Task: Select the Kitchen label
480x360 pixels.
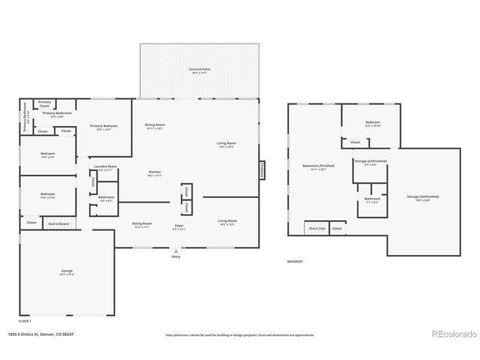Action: [155, 173]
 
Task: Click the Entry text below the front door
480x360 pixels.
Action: [175, 256]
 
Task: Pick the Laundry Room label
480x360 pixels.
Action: [105, 167]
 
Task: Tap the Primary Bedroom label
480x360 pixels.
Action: [104, 127]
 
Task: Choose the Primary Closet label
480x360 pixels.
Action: [45, 103]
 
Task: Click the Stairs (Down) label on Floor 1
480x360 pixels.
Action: [58, 223]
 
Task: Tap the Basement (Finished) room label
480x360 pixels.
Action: [319, 166]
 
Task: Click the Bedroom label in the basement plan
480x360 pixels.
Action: [373, 123]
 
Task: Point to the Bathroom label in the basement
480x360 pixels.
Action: [372, 199]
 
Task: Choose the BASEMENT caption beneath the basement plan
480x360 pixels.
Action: [295, 261]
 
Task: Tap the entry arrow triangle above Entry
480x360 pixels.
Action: [175, 250]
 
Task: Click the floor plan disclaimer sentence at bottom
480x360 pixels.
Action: [240, 334]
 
